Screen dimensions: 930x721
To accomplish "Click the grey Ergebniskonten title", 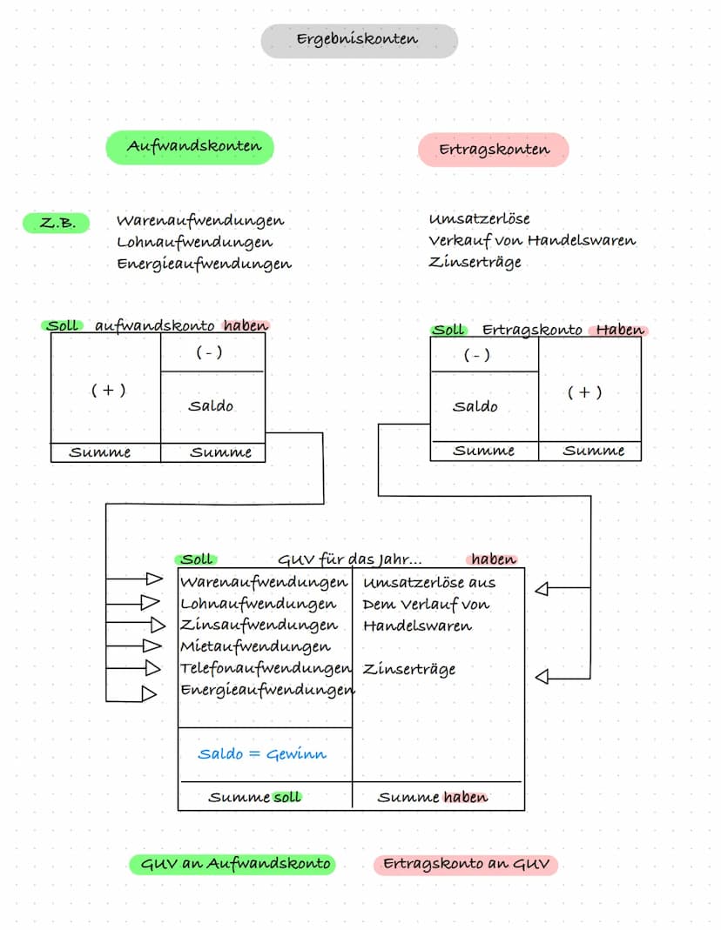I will click(358, 40).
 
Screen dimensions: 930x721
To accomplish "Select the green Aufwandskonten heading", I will click(190, 147).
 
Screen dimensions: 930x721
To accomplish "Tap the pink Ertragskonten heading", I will click(494, 150).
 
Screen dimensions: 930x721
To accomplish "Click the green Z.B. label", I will click(57, 224).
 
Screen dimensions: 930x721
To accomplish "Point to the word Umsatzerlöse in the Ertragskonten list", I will click(479, 218).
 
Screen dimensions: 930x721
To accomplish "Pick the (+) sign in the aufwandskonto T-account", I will click(108, 391).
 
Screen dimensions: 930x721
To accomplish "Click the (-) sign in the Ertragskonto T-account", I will click(476, 355).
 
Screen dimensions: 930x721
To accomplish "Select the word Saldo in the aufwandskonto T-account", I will click(211, 405).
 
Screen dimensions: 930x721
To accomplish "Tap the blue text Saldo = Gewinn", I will click(261, 753).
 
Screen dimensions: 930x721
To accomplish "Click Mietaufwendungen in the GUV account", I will click(255, 646).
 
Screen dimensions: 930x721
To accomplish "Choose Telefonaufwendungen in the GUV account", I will click(264, 668).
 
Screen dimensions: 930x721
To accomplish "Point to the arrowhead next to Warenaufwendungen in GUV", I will click(154, 579).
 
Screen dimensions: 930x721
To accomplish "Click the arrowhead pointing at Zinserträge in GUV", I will click(542, 677).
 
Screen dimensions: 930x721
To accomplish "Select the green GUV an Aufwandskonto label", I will click(232, 864).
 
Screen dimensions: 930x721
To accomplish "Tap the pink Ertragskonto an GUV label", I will click(466, 865).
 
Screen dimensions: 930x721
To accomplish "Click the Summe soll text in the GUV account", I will click(255, 797).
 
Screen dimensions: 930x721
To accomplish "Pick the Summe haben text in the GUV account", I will click(433, 797).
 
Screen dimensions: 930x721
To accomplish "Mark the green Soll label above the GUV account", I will click(197, 559).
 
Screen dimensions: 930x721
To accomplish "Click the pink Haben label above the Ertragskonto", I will click(620, 330).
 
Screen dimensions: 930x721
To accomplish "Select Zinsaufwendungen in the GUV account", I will click(259, 625).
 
